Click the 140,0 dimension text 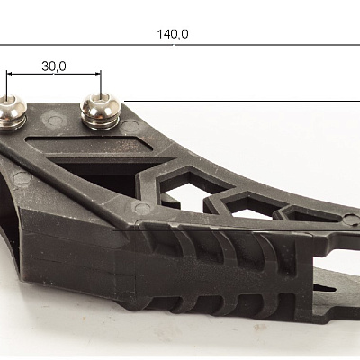pyautogui.click(x=173, y=34)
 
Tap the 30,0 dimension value pyautogui.click(x=54, y=67)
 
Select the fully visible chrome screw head pyautogui.click(x=101, y=108)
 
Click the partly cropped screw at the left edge pyautogui.click(x=12, y=111)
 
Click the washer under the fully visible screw pyautogui.click(x=101, y=123)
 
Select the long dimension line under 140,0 pyautogui.click(x=180, y=45)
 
